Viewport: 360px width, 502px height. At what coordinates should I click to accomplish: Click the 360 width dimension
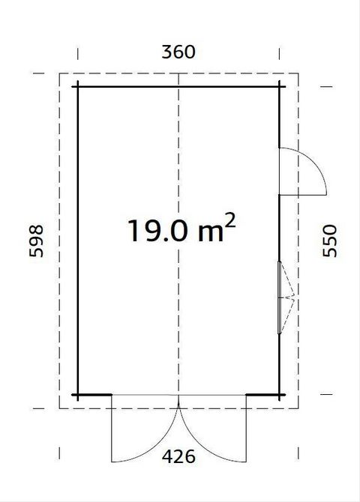pos(178,52)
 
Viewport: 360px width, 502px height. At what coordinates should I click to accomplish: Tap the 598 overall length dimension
pos(36,241)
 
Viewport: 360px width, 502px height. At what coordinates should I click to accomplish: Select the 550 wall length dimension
pos(330,241)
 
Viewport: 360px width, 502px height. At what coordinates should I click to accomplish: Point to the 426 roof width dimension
pos(178,456)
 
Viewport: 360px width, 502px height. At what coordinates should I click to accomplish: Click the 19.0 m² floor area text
pos(181,228)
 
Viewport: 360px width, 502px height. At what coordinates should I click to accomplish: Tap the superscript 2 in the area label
pos(230,220)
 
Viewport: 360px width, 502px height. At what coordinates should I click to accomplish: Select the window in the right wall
pos(279,297)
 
